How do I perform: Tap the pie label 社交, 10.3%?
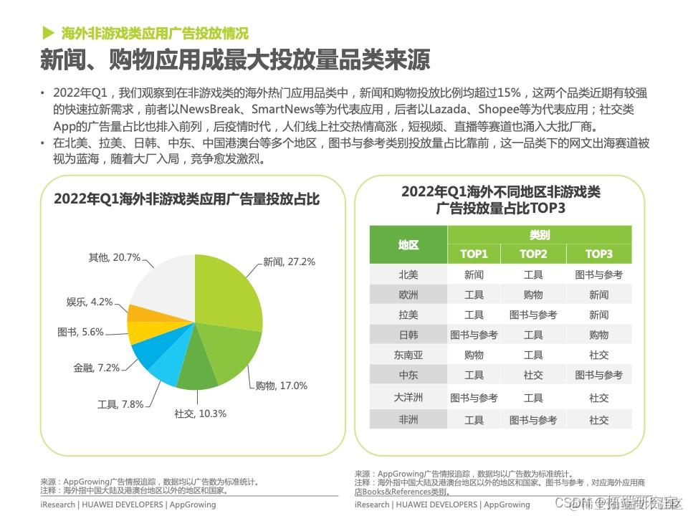(200, 414)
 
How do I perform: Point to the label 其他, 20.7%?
(114, 257)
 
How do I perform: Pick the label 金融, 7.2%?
(96, 368)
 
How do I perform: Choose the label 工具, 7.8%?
(120, 405)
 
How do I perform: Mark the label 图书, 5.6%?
(80, 332)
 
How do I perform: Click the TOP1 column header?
(474, 254)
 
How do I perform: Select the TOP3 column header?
(599, 254)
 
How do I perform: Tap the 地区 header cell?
(408, 244)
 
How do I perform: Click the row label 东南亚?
(408, 355)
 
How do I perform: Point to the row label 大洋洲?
(408, 397)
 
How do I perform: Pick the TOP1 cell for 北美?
(474, 274)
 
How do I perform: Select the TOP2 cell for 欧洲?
(533, 295)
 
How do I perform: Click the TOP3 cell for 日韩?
(599, 335)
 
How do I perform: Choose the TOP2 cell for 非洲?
(533, 420)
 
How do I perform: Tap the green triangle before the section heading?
(49, 32)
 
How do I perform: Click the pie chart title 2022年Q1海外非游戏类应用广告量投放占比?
(187, 199)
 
